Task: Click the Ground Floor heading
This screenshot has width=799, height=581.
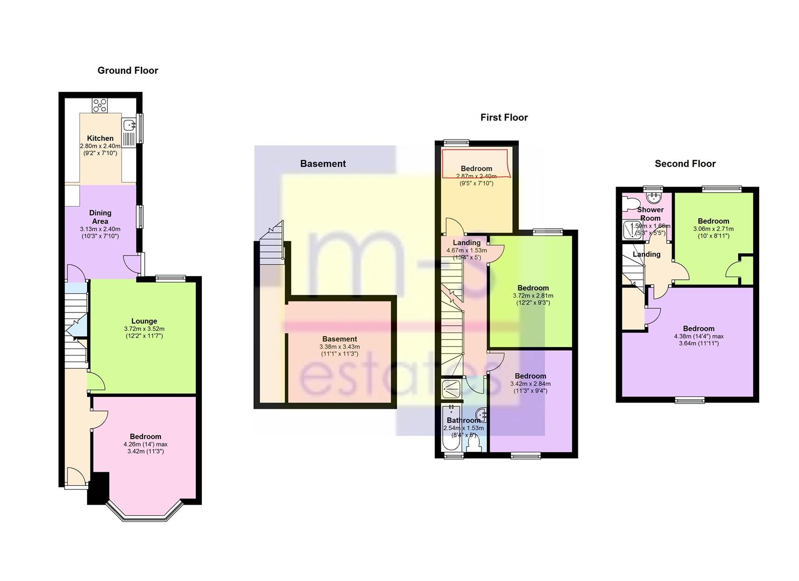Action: coord(128,70)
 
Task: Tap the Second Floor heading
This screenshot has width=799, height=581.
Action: coord(685,164)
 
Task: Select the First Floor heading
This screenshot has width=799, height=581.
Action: coord(504,117)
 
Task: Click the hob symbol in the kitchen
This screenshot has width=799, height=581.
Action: coord(100,105)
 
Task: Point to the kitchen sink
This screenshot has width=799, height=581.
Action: coord(129,125)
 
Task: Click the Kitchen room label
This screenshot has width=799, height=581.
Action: coord(100,138)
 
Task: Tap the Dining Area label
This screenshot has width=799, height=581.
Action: coord(100,217)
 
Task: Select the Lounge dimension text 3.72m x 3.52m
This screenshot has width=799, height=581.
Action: coord(144,329)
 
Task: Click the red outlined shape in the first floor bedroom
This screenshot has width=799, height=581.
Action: coord(475,164)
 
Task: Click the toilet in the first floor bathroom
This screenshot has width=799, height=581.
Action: coord(474,442)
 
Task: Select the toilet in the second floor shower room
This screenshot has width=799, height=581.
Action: coord(627,204)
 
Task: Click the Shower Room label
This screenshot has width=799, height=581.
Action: coord(650,214)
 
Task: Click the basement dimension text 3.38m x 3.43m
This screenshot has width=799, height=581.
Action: coord(339,346)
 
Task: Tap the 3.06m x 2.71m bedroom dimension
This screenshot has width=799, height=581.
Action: coord(713,229)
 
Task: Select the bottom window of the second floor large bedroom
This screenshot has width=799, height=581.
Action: coord(690,400)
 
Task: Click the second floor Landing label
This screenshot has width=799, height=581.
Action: coord(646,254)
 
